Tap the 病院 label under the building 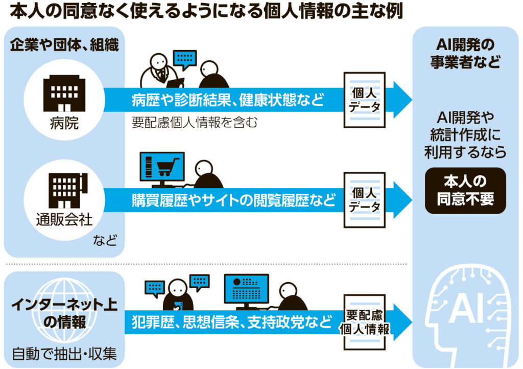pyautogui.click(x=64, y=123)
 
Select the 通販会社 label pyautogui.click(x=64, y=220)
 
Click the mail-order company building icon pyautogui.click(x=68, y=191)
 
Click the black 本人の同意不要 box pyautogui.click(x=465, y=191)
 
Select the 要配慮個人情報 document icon pyautogui.click(x=365, y=322)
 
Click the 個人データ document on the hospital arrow pyautogui.click(x=365, y=100)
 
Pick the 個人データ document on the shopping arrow pyautogui.click(x=365, y=200)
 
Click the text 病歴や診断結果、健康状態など pyautogui.click(x=228, y=100)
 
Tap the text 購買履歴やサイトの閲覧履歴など pyautogui.click(x=233, y=200)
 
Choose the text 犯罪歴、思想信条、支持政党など pyautogui.click(x=232, y=322)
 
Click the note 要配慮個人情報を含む pyautogui.click(x=195, y=122)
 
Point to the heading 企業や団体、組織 pyautogui.click(x=64, y=44)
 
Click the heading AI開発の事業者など pyautogui.click(x=465, y=53)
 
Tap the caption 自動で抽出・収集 pyautogui.click(x=64, y=354)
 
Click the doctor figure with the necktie pyautogui.click(x=160, y=71)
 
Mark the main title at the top pyautogui.click(x=206, y=12)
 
